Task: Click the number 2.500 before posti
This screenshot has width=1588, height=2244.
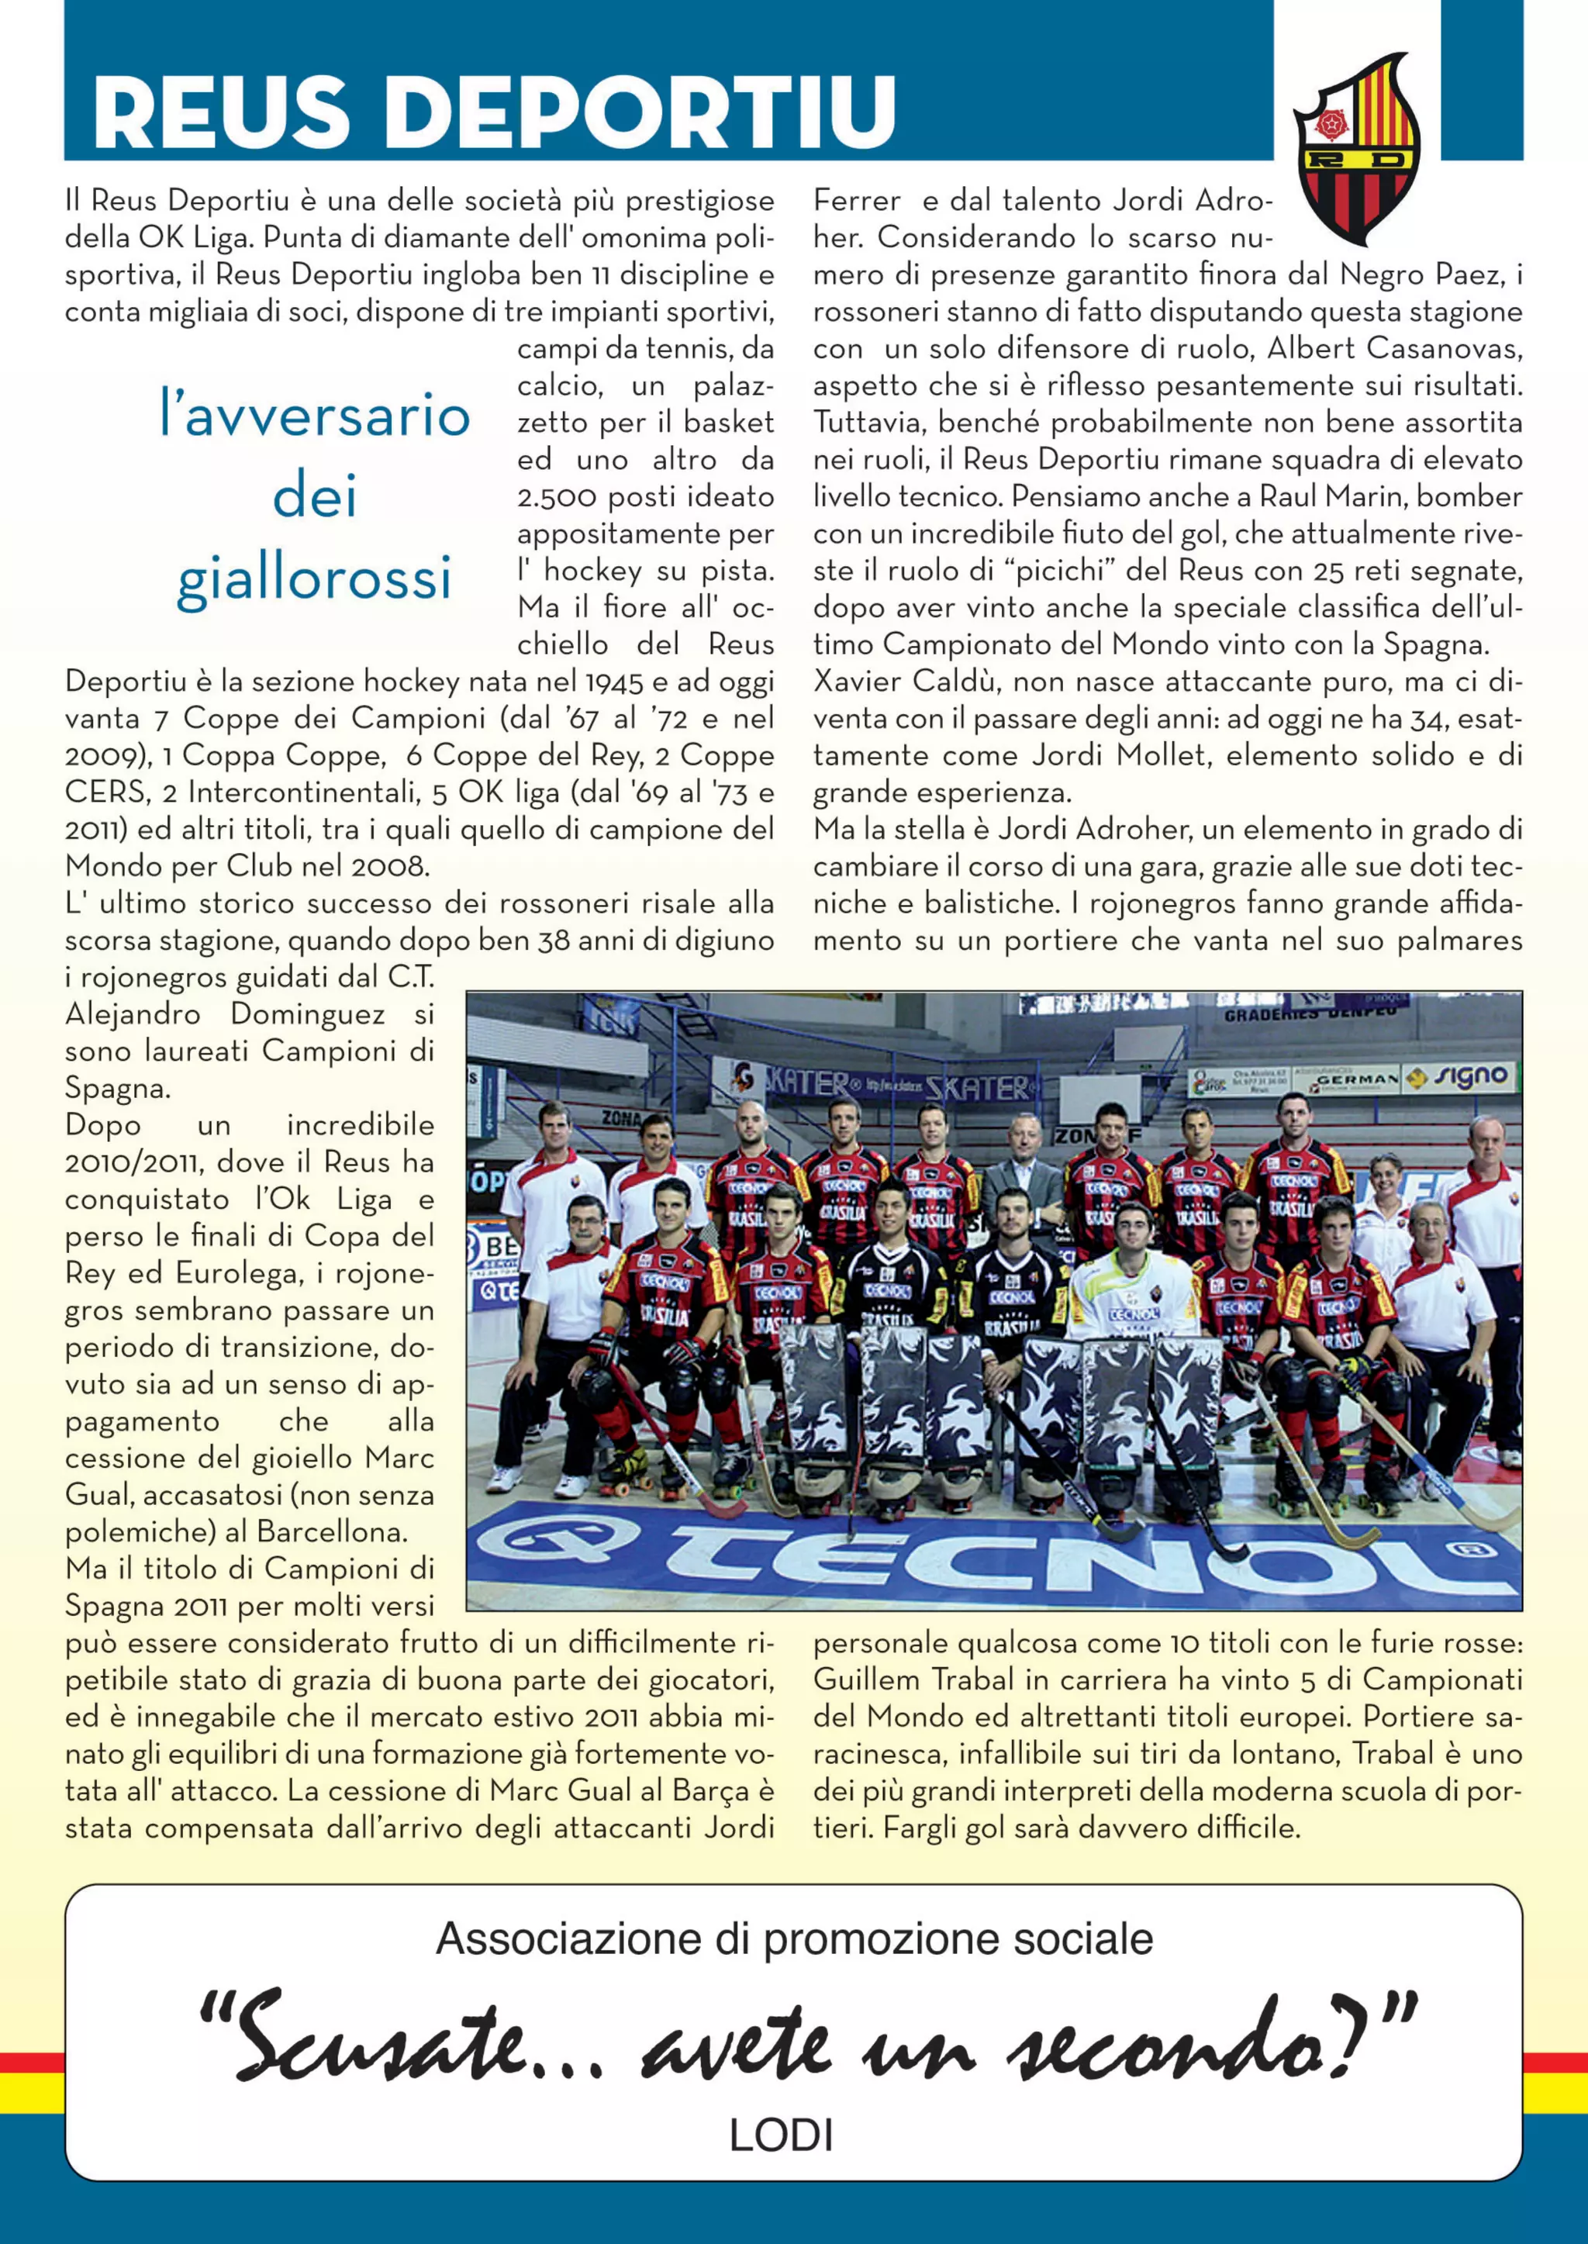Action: (x=557, y=497)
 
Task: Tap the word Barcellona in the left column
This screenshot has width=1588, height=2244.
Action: (x=332, y=1531)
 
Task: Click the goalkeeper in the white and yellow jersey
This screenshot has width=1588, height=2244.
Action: (x=1134, y=1281)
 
